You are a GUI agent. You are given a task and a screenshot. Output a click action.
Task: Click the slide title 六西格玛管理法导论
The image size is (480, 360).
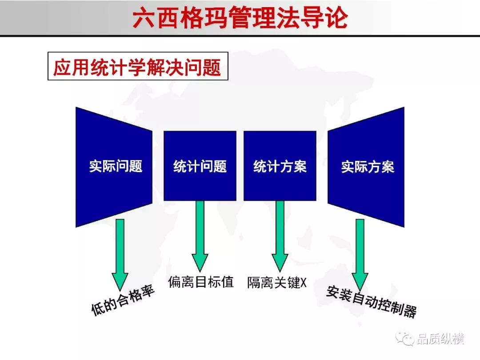pos(240,17)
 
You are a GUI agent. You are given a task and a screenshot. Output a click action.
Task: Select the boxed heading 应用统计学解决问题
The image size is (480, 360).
pos(137,67)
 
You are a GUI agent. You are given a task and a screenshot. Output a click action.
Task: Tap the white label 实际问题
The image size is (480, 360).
pos(116,166)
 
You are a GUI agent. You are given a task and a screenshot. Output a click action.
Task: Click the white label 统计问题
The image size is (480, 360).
pos(200,166)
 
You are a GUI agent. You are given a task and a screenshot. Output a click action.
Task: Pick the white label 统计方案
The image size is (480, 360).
pos(280,166)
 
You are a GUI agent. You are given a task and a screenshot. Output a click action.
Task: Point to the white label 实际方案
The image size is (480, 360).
pos(368,167)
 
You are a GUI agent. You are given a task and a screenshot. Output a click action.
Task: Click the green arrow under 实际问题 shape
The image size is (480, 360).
pos(120,255)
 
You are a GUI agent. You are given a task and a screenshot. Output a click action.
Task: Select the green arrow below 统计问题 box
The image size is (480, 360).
pos(200,236)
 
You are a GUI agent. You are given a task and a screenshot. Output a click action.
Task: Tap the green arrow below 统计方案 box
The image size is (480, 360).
pos(280,236)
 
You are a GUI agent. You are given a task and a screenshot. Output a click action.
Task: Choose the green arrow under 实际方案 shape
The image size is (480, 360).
pos(360,255)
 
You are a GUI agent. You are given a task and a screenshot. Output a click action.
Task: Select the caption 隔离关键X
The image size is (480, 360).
pos(277,282)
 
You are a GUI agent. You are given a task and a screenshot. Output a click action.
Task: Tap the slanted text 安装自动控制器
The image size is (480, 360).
pos(371,301)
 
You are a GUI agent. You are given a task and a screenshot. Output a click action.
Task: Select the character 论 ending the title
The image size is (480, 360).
pos(336,18)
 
